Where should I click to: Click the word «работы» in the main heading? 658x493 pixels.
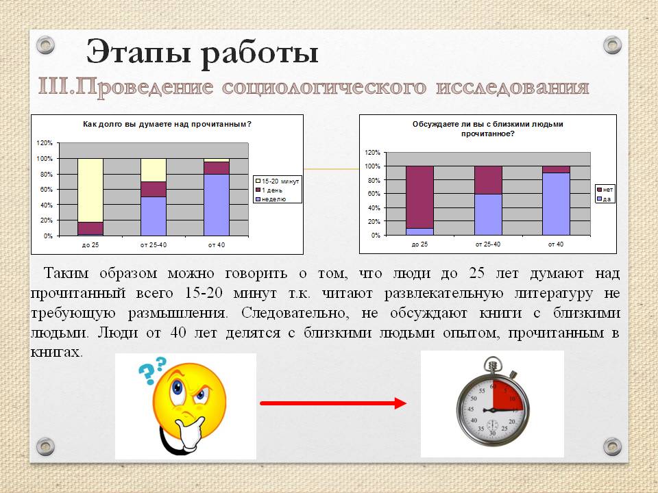coord(259,54)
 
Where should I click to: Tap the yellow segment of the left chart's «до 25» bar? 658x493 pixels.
coord(90,190)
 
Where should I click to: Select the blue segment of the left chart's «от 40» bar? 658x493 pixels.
coord(217,205)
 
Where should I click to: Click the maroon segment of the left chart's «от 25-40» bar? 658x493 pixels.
coord(153,189)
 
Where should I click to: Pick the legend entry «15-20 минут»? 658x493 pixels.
coord(278,181)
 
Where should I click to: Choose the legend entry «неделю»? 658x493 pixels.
coord(271,199)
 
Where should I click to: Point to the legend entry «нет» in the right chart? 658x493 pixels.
coord(605,190)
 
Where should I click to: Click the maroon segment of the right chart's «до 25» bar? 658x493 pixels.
coord(419,197)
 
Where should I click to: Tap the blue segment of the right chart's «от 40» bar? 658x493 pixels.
coord(556,204)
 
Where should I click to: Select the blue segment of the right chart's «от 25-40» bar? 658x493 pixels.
coord(488,214)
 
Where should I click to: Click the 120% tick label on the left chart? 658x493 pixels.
coord(45,143)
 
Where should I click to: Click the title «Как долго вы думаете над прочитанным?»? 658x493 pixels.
coord(167,124)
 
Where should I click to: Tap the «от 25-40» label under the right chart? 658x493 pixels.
coord(487,244)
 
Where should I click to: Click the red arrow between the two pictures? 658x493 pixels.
coord(333,403)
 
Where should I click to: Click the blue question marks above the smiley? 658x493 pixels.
coord(153,369)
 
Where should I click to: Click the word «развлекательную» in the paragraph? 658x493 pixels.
coord(444,293)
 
